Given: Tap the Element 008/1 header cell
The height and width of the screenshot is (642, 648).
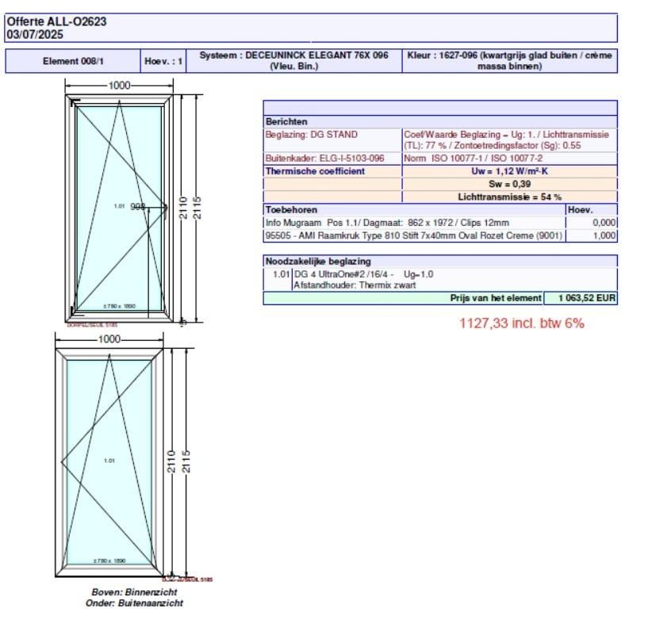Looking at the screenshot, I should (73, 61).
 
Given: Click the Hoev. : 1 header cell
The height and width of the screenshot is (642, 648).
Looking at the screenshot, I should (163, 61).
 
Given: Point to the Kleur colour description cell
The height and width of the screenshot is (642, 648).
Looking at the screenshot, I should (509, 61).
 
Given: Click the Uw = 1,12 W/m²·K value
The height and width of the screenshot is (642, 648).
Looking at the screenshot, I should (509, 171).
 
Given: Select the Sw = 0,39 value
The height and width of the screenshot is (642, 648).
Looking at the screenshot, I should (509, 184).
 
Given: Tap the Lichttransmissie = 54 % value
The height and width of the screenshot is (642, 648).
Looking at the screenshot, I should (509, 197).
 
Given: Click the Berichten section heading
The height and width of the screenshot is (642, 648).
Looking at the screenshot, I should (284, 122).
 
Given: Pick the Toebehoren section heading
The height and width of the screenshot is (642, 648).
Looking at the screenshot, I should (291, 209).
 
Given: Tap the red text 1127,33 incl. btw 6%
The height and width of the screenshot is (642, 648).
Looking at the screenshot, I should (521, 323).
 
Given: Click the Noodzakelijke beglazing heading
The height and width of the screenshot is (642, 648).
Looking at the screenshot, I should (317, 261).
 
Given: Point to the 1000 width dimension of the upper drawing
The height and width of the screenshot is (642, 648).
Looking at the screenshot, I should (120, 86).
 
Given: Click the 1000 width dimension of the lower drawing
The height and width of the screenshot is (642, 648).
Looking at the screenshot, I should (109, 338).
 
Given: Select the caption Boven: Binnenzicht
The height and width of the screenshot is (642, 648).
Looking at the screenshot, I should (134, 592).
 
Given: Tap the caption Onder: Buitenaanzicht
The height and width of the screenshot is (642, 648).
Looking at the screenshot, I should (134, 603).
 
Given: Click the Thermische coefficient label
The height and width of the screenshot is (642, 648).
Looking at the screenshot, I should (315, 171).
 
